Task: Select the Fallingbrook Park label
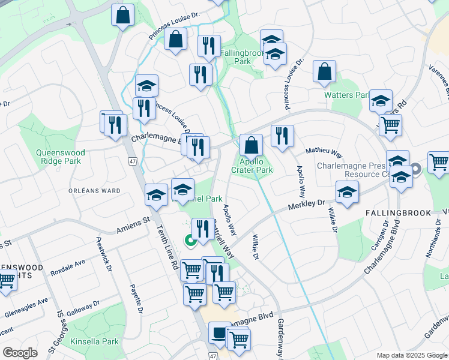pos(243,57)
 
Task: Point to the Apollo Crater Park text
pos(252,166)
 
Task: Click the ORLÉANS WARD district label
pos(94,191)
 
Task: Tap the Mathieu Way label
pos(324,154)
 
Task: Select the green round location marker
pos(190,241)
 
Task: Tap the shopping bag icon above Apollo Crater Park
pos(251,145)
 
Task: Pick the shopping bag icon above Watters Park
pos(324,72)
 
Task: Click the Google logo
pos(20,353)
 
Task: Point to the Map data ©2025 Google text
pos(412,355)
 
